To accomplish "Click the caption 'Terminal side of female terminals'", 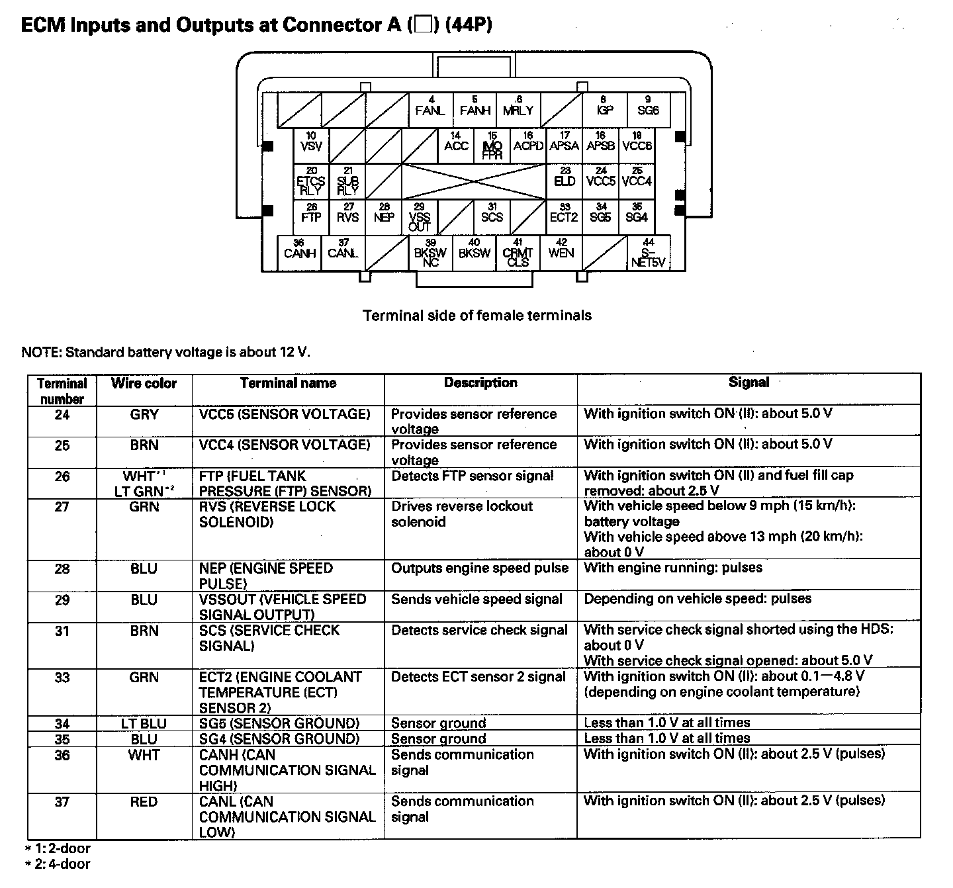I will [476, 316].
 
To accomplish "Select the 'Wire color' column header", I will [144, 383].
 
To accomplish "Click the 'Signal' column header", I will [749, 382].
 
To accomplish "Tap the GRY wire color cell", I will [144, 415].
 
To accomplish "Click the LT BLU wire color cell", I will [144, 723].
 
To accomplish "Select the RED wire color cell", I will [144, 802].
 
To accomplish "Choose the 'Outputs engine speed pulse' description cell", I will [480, 568].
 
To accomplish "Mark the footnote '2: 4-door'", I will [58, 864].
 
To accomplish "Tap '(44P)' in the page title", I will [469, 25].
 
